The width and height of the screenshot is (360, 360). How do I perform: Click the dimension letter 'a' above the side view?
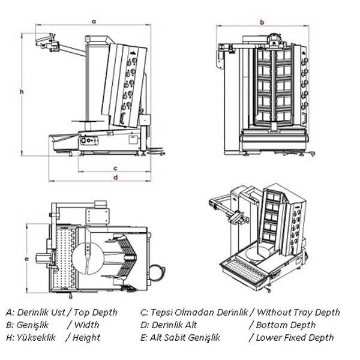93,20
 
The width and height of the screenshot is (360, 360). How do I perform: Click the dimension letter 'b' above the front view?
262,22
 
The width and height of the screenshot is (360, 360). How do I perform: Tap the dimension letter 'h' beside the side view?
21,91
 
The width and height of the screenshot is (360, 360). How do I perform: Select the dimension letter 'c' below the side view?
115,167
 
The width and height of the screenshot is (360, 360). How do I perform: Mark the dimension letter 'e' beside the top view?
26,259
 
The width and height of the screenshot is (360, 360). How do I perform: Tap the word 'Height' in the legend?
86,337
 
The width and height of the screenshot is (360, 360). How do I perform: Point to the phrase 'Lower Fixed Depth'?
295,337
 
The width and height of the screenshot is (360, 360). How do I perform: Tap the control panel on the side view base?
90,140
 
